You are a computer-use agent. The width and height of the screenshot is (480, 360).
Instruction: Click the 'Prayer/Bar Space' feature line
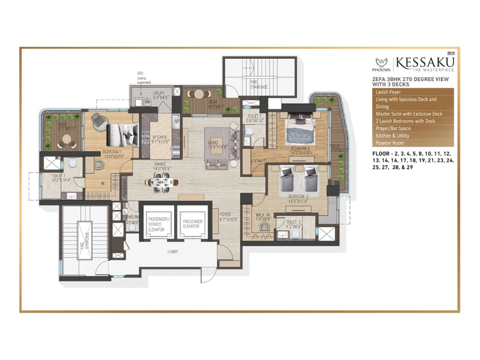394,128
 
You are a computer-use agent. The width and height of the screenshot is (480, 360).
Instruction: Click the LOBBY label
173,251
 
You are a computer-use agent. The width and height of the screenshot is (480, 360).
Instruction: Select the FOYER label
225,214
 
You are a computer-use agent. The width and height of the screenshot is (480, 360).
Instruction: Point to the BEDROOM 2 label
298,196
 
